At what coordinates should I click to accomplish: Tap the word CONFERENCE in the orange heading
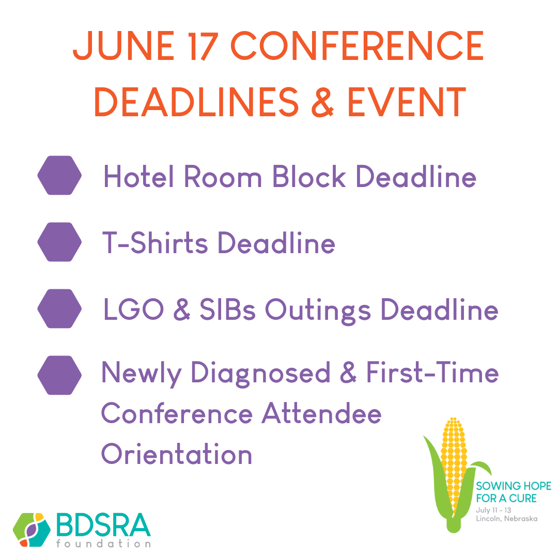click(358, 45)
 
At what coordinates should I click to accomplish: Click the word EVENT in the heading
click(407, 102)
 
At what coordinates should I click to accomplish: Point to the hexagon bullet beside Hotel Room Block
click(59, 175)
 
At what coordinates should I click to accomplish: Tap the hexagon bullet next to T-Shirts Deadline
click(59, 242)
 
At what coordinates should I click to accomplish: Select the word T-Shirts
click(155, 242)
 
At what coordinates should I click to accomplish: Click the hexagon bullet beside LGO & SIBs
click(59, 308)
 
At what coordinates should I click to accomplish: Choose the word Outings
click(318, 311)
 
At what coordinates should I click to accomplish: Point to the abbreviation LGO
click(133, 309)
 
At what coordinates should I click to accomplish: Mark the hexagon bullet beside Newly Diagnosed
click(59, 375)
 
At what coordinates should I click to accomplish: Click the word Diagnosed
click(260, 374)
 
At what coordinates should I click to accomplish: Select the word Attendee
click(321, 413)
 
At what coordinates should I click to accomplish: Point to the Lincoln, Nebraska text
click(506, 519)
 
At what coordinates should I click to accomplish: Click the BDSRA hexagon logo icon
click(32, 530)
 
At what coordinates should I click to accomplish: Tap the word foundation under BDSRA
click(103, 544)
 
